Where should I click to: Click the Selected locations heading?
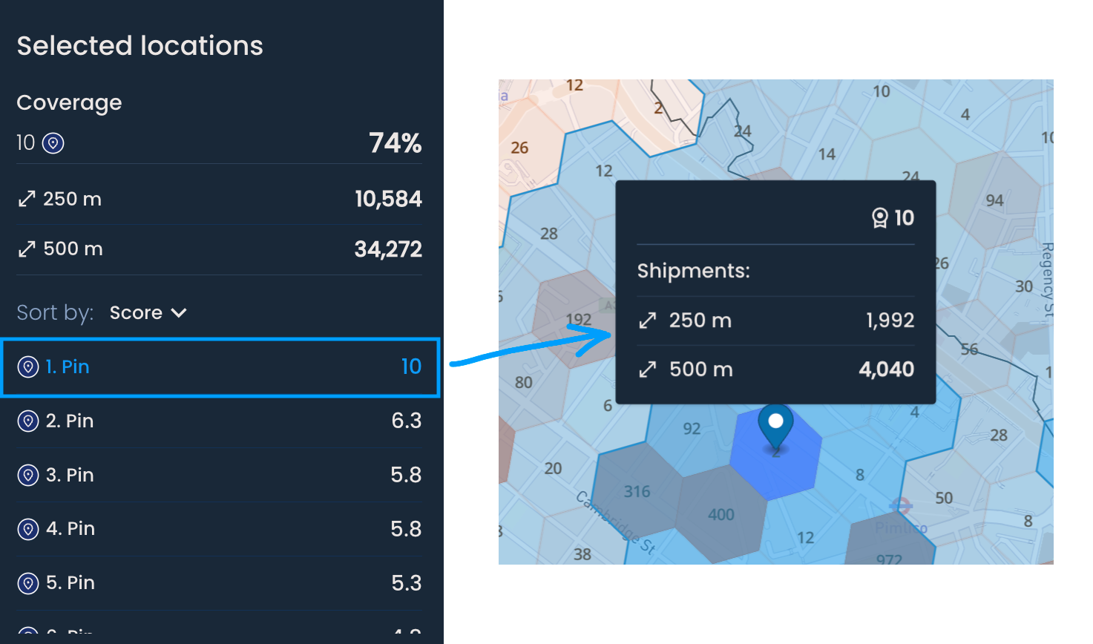click(140, 46)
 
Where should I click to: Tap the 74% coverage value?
click(395, 143)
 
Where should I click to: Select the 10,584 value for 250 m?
click(388, 199)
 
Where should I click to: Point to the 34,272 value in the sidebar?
click(388, 249)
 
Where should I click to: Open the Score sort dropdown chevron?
click(179, 313)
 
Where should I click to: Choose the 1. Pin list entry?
click(68, 367)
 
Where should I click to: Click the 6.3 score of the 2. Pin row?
click(406, 421)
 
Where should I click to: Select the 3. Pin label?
click(70, 475)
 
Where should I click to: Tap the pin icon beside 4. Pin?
click(28, 529)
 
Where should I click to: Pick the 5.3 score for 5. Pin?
click(406, 583)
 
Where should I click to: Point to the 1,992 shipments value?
click(890, 321)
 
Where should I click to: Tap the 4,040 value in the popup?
click(886, 369)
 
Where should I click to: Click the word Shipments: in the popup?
click(693, 271)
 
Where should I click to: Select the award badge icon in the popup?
click(879, 217)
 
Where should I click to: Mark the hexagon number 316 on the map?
click(637, 492)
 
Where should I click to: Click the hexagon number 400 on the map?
click(721, 515)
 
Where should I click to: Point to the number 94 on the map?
click(994, 200)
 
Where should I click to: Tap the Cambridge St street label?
click(615, 523)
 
